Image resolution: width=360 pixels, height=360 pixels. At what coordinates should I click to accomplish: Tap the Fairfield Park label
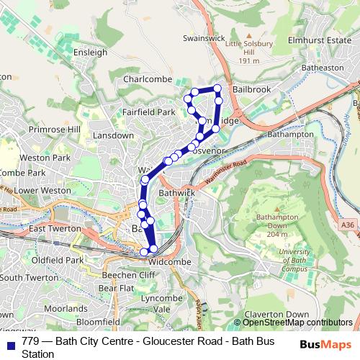point(149,112)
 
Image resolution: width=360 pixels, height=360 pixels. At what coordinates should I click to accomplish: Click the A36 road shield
point(348,225)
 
